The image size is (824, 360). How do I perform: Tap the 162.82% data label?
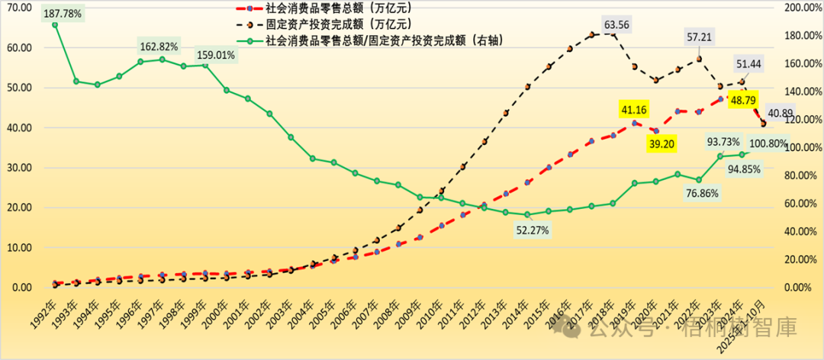point(158,47)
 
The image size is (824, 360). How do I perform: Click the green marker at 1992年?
point(55,24)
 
